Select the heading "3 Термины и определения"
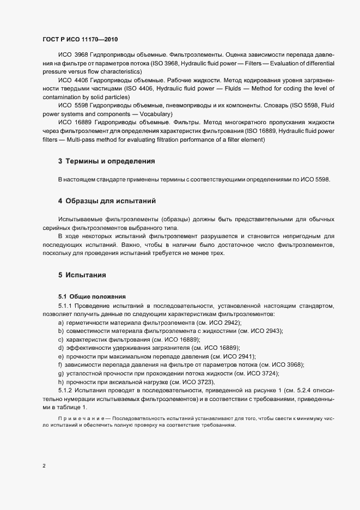click(x=106, y=161)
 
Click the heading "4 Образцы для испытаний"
click(x=107, y=201)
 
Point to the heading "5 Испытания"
click(x=82, y=275)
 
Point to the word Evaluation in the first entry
click(x=280, y=63)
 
